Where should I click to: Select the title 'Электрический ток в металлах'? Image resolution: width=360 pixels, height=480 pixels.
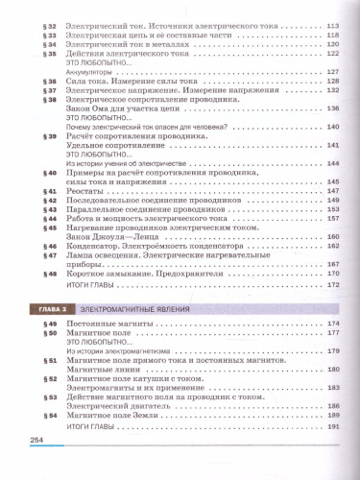click(x=116, y=44)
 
